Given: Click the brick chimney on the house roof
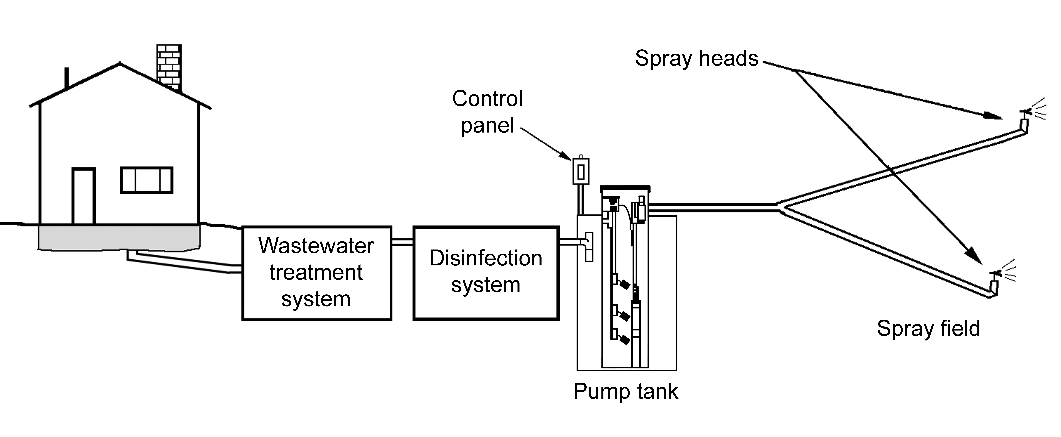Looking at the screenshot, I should click(169, 66).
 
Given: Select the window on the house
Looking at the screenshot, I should click(147, 180).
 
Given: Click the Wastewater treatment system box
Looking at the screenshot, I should click(316, 273).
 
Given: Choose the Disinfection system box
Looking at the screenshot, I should click(486, 273).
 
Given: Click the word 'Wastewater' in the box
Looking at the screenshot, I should click(316, 246).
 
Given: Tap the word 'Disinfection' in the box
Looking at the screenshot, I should click(486, 259).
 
